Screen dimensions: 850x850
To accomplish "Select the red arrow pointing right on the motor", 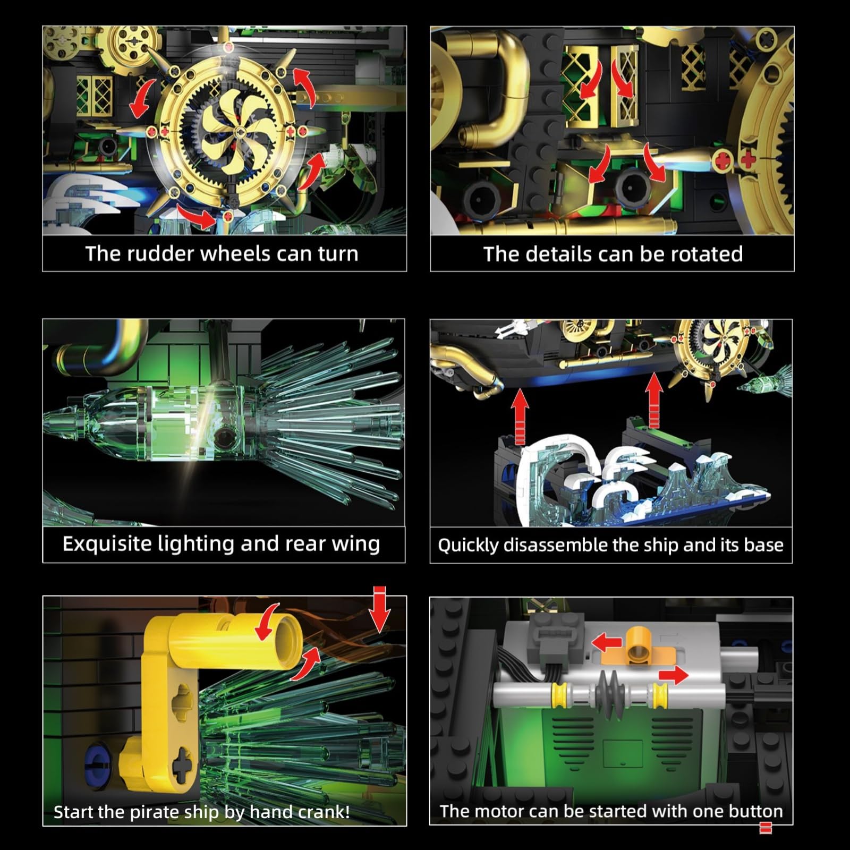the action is point(674,676).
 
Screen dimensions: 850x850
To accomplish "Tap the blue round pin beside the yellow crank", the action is point(95,760).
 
